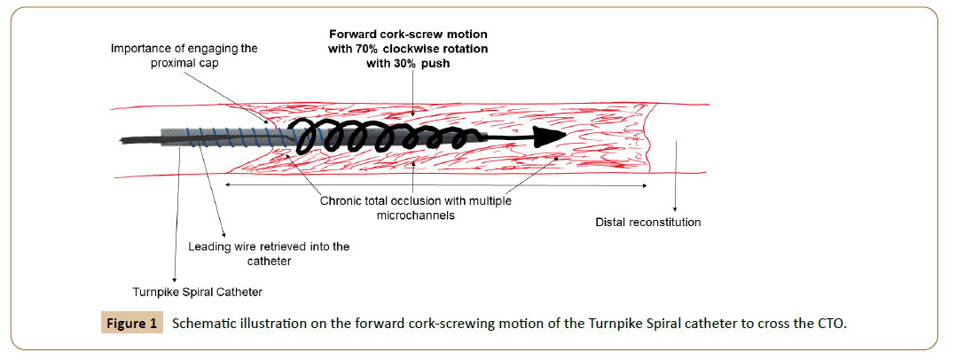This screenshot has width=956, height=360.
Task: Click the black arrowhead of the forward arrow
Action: click(550, 136)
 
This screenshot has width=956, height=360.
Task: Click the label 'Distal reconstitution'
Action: click(647, 222)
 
